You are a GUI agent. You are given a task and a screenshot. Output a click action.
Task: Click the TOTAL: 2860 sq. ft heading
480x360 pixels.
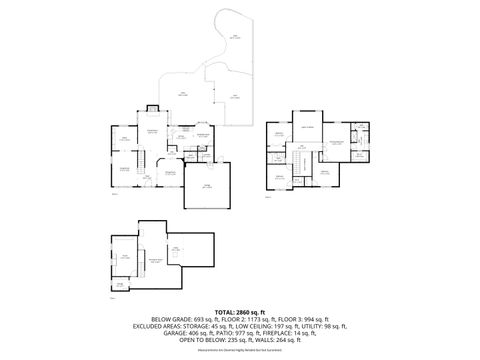pos(240,312)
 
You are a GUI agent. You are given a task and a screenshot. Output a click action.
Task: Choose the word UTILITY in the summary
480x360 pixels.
pos(316,326)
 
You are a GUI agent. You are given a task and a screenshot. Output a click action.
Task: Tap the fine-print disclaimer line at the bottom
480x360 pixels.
pos(240,351)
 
